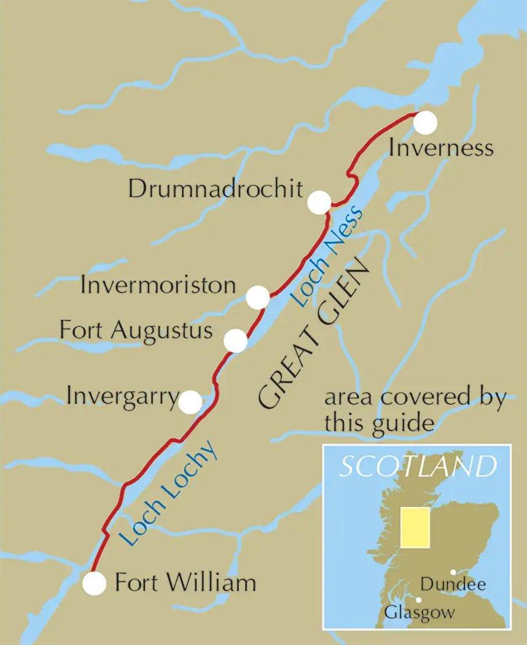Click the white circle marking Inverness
[425, 122]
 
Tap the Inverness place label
[441, 148]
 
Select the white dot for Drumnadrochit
[319, 203]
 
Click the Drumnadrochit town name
[216, 189]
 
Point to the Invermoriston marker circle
[257, 297]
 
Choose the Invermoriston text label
[158, 285]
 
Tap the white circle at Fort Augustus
[235, 340]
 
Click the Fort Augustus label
[136, 330]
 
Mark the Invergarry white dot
[190, 402]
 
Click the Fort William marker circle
[94, 583]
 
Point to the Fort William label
[185, 582]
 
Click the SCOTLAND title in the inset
[417, 467]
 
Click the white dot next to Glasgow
[419, 600]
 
